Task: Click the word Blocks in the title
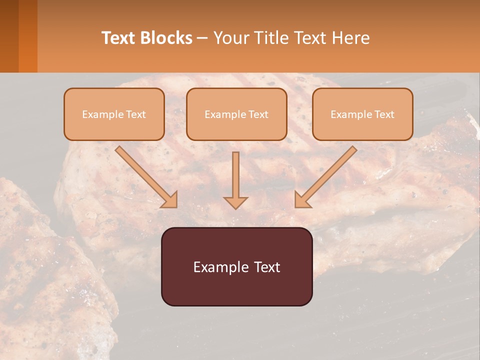click(166, 38)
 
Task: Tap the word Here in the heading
click(350, 38)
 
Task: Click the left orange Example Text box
click(114, 114)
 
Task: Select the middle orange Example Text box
click(236, 114)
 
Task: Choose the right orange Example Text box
click(362, 114)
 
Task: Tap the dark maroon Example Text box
click(236, 266)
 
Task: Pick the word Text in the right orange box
click(383, 114)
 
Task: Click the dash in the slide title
click(202, 38)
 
